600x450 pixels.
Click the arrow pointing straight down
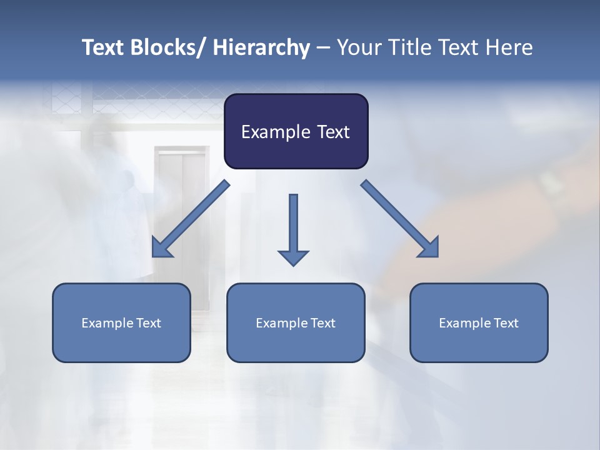pyautogui.click(x=293, y=225)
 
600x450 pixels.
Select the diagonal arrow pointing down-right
pyautogui.click(x=397, y=216)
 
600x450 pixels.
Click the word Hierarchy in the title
pyautogui.click(x=261, y=47)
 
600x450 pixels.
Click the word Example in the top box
pyautogui.click(x=276, y=132)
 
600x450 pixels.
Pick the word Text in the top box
pyautogui.click(x=332, y=132)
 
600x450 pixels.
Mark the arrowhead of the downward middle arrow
pyautogui.click(x=293, y=257)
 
